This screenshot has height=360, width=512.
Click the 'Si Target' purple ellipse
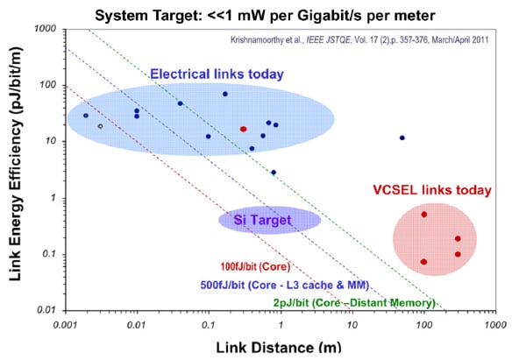268,220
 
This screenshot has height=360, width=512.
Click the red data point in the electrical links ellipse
244,129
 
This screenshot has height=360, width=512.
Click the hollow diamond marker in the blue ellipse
100,126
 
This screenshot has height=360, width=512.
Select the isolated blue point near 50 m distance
402,138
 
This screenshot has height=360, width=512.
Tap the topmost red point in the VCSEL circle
423,214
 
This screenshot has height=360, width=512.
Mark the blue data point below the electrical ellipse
274,173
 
